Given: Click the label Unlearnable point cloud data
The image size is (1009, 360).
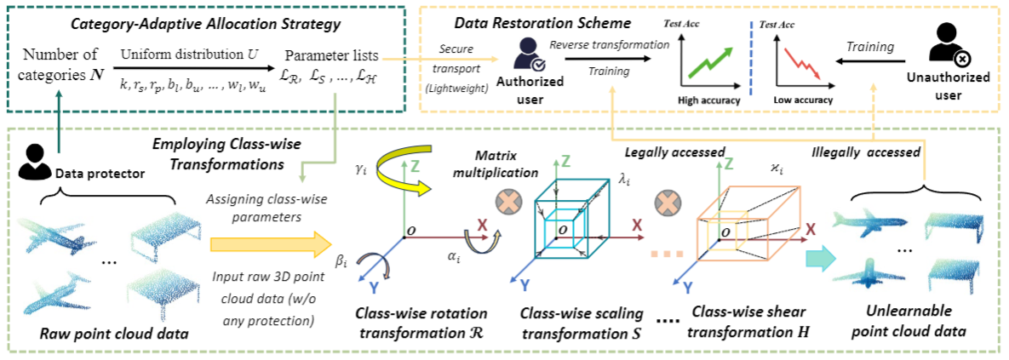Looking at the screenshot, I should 905,323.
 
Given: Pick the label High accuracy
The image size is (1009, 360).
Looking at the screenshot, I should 708,100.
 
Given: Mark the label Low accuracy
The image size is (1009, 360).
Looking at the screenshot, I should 802,100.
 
